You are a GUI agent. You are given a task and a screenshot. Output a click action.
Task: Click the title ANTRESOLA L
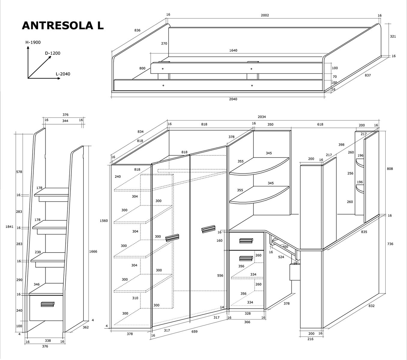click(x=63, y=26)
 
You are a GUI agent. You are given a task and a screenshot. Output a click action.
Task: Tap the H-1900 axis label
click(x=33, y=43)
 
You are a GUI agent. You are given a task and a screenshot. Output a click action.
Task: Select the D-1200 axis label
click(x=53, y=53)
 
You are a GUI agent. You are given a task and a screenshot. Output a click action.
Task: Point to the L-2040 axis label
click(x=63, y=74)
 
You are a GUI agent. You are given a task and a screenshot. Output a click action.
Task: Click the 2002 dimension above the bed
click(x=265, y=15)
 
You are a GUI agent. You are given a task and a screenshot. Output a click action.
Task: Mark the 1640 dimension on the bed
click(x=233, y=50)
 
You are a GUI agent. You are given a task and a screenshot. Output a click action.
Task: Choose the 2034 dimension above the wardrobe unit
click(x=262, y=117)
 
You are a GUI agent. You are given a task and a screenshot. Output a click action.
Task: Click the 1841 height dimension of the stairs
click(x=10, y=227)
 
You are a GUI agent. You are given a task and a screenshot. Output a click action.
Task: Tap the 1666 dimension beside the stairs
click(x=93, y=252)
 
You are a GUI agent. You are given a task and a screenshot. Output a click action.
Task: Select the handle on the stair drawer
click(x=47, y=304)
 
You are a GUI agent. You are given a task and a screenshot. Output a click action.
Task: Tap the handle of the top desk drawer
click(x=246, y=241)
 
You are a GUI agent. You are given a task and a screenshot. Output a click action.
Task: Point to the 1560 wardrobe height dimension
click(x=104, y=221)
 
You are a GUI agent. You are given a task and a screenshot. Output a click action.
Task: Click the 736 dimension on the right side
click(x=390, y=244)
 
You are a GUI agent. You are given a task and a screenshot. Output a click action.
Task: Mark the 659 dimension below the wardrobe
click(x=194, y=332)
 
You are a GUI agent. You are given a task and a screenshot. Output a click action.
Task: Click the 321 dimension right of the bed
click(x=393, y=37)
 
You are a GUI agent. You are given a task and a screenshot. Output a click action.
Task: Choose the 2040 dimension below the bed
click(x=233, y=99)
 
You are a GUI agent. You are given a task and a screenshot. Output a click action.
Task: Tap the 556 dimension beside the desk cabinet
click(x=220, y=276)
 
